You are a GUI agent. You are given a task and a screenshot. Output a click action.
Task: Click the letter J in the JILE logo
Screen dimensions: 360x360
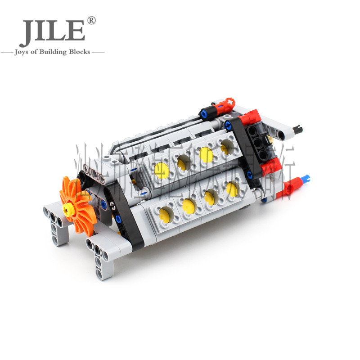(28, 32)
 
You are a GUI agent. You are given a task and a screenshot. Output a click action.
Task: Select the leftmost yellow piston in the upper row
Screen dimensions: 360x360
(161, 170)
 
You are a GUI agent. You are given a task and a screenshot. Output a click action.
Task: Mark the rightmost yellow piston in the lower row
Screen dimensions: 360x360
(232, 189)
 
